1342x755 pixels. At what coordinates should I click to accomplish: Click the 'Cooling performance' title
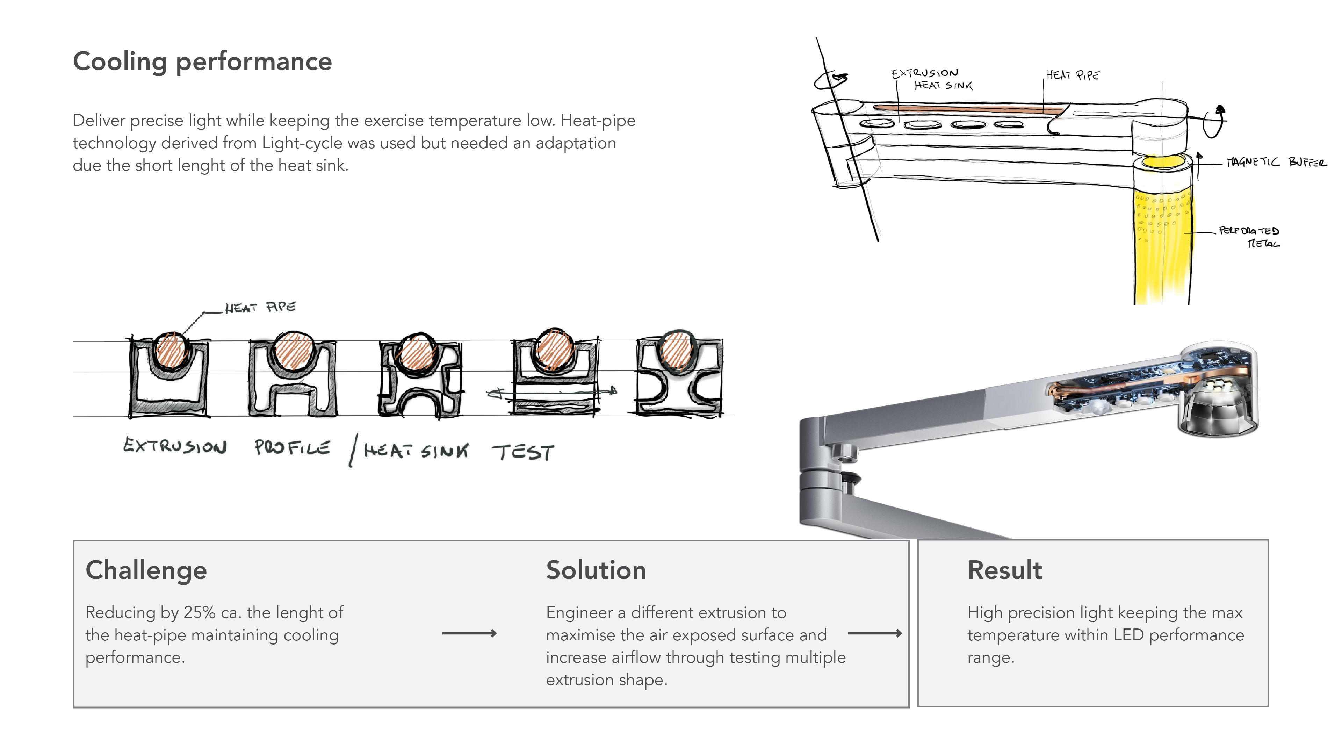coord(202,62)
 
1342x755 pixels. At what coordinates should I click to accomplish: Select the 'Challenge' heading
coord(146,570)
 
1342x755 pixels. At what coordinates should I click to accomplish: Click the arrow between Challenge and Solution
coord(469,634)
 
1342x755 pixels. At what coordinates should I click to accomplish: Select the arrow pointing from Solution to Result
coord(875,634)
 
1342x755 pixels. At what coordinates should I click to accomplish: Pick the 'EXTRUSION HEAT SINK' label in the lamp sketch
coord(931,79)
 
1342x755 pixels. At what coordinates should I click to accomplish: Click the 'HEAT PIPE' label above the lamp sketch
coord(1073,75)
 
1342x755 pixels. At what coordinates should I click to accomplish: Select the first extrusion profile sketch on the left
coord(169,374)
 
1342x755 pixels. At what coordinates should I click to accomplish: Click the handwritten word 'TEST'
coord(523,452)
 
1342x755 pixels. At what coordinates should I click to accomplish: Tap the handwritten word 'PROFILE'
coord(292,447)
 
